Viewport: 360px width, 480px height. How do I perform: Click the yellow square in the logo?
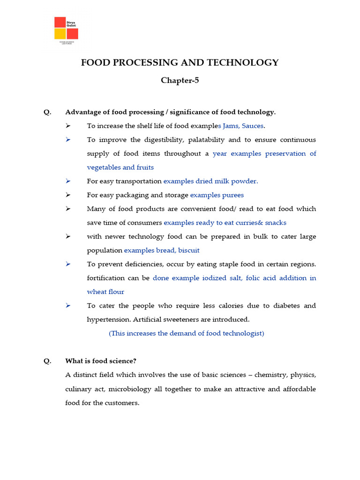pos(60,34)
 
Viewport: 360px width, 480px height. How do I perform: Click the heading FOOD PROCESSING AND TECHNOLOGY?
pos(180,62)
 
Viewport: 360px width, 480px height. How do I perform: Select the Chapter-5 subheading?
pos(180,80)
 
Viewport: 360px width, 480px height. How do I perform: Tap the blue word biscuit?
pos(188,250)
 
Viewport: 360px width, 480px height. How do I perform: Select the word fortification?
pos(106,278)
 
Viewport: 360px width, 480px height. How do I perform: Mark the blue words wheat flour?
pos(105,292)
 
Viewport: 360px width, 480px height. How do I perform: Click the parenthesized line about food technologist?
pos(187,333)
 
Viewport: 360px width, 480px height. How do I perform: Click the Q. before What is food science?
pos(47,361)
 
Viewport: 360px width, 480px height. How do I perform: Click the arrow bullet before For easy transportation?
pos(68,181)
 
